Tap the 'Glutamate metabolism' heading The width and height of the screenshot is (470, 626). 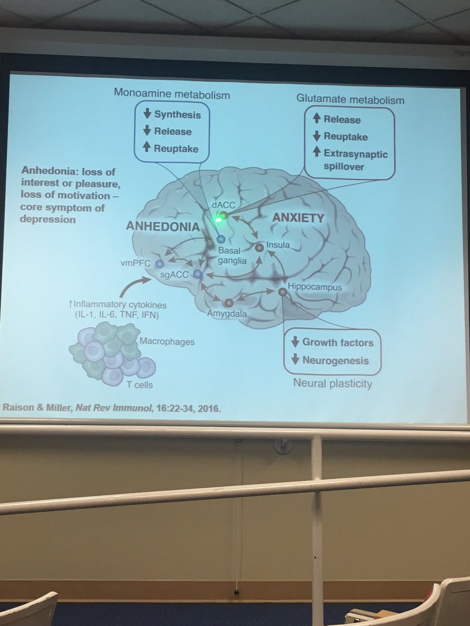pyautogui.click(x=350, y=99)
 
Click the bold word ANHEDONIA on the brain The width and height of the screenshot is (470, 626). pyautogui.click(x=162, y=226)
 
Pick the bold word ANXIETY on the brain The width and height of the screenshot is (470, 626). pyautogui.click(x=298, y=218)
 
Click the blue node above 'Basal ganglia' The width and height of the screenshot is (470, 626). pyautogui.click(x=220, y=239)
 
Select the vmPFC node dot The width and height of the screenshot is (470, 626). pyautogui.click(x=159, y=264)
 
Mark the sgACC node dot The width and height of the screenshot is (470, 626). pyautogui.click(x=197, y=274)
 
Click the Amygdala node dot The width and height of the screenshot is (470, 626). pyautogui.click(x=228, y=303)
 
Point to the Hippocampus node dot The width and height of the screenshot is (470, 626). pyautogui.click(x=283, y=292)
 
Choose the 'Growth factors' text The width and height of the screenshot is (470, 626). pyautogui.click(x=337, y=343)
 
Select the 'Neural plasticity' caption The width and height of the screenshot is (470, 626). pyautogui.click(x=333, y=384)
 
